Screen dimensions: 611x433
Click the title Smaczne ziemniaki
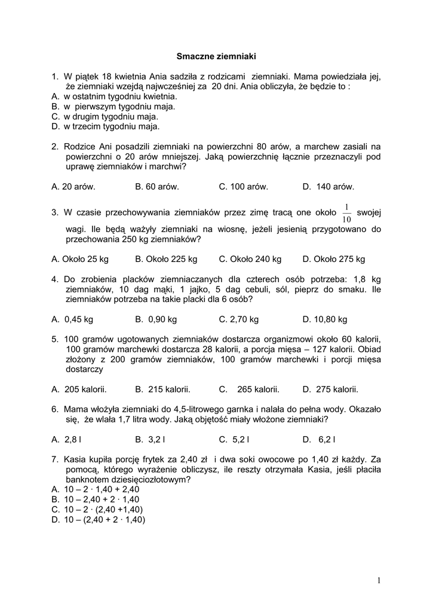click(x=216, y=57)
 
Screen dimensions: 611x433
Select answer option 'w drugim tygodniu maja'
click(x=110, y=116)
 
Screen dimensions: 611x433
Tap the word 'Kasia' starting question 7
click(x=76, y=459)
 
